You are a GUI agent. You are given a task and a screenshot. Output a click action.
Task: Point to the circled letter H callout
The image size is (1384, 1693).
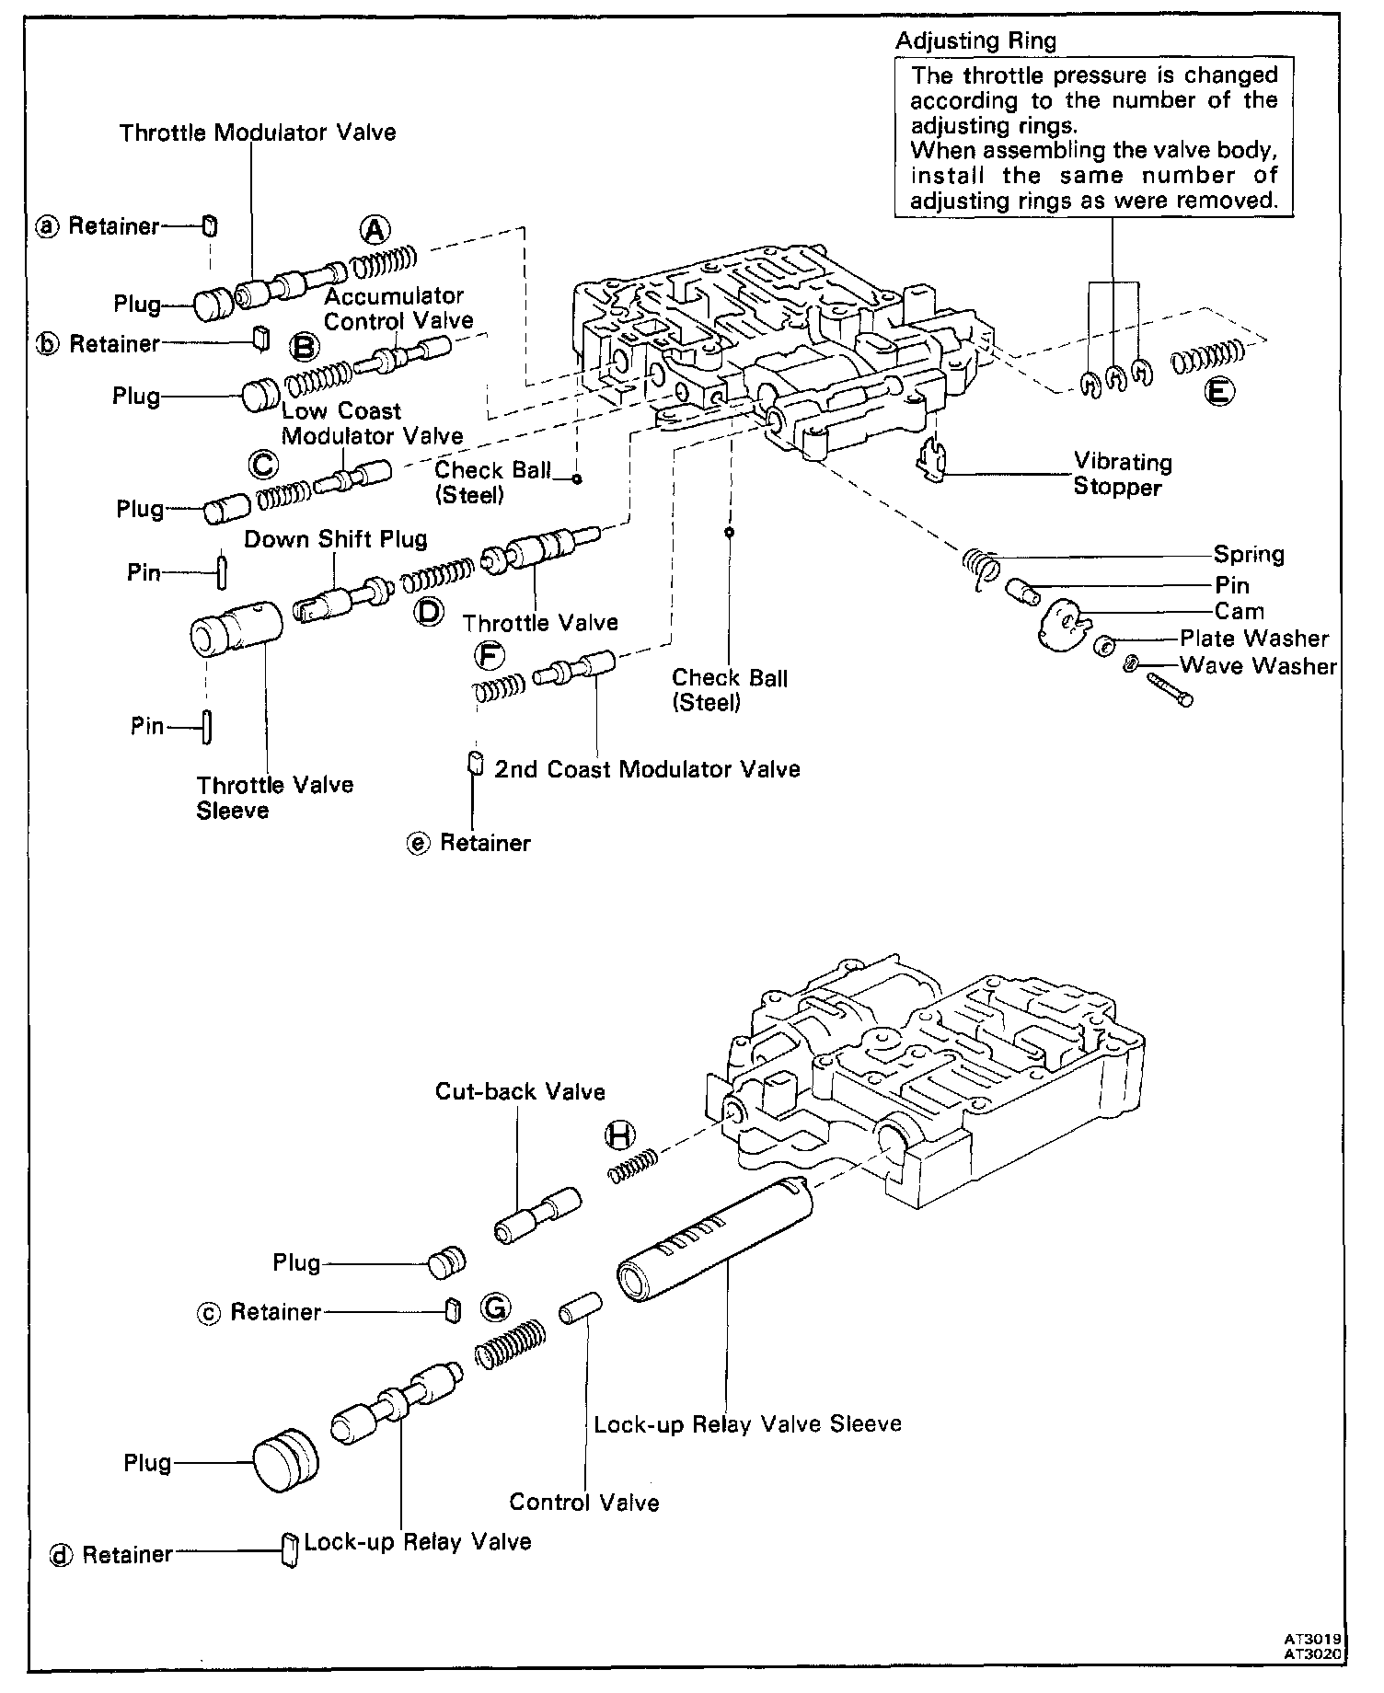tap(620, 1136)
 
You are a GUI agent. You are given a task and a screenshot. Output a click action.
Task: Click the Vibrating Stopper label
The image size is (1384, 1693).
tap(1123, 475)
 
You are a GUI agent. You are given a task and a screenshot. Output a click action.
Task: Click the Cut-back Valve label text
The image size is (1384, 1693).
tap(520, 1092)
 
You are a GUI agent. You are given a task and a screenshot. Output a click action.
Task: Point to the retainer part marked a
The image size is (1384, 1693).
tap(210, 226)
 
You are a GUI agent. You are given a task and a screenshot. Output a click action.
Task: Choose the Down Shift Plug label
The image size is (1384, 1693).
tap(335, 539)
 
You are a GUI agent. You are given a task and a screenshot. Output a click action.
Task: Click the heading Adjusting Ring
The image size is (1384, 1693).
tap(975, 40)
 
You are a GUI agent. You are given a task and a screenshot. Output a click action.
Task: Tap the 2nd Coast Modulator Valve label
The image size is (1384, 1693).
tap(647, 769)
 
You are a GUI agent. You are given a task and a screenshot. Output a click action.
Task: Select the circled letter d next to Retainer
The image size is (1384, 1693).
tap(62, 1554)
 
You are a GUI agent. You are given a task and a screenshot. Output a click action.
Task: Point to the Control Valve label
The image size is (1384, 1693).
tap(584, 1503)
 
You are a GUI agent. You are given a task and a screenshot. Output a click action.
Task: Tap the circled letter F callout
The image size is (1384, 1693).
tap(490, 655)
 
